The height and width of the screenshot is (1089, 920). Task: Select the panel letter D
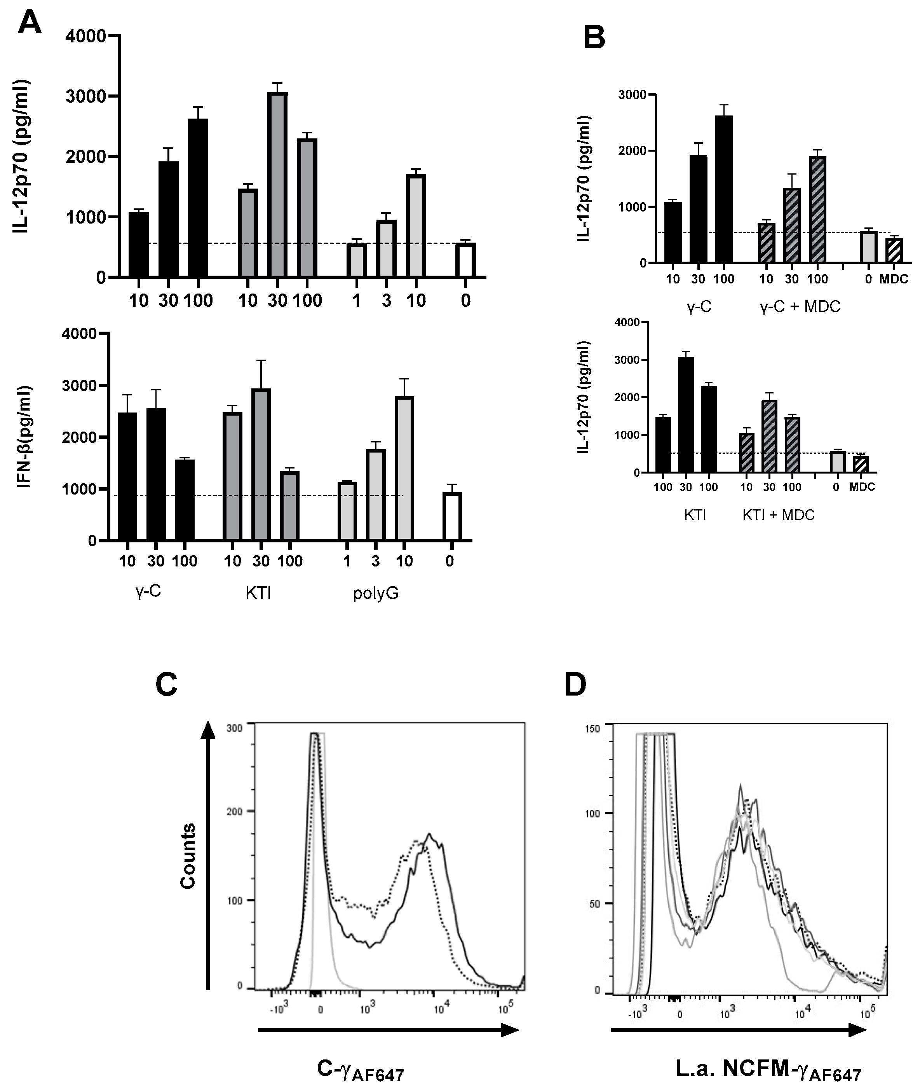pyautogui.click(x=575, y=685)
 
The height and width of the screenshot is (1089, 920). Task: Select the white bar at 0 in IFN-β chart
pyautogui.click(x=452, y=517)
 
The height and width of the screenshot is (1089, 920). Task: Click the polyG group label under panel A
pyautogui.click(x=376, y=593)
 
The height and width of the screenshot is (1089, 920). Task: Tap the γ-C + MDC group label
pyautogui.click(x=800, y=307)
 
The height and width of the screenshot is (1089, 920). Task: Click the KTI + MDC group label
pyautogui.click(x=778, y=516)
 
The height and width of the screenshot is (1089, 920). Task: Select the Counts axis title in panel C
pyautogui.click(x=188, y=856)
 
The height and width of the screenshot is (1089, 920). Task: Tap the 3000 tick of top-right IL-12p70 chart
pyautogui.click(x=631, y=95)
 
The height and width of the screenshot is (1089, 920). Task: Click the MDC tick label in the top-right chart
pyautogui.click(x=894, y=279)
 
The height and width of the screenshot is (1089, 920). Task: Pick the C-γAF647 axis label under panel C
pyautogui.click(x=361, y=1068)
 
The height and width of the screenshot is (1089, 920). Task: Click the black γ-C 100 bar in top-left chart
pyautogui.click(x=198, y=197)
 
